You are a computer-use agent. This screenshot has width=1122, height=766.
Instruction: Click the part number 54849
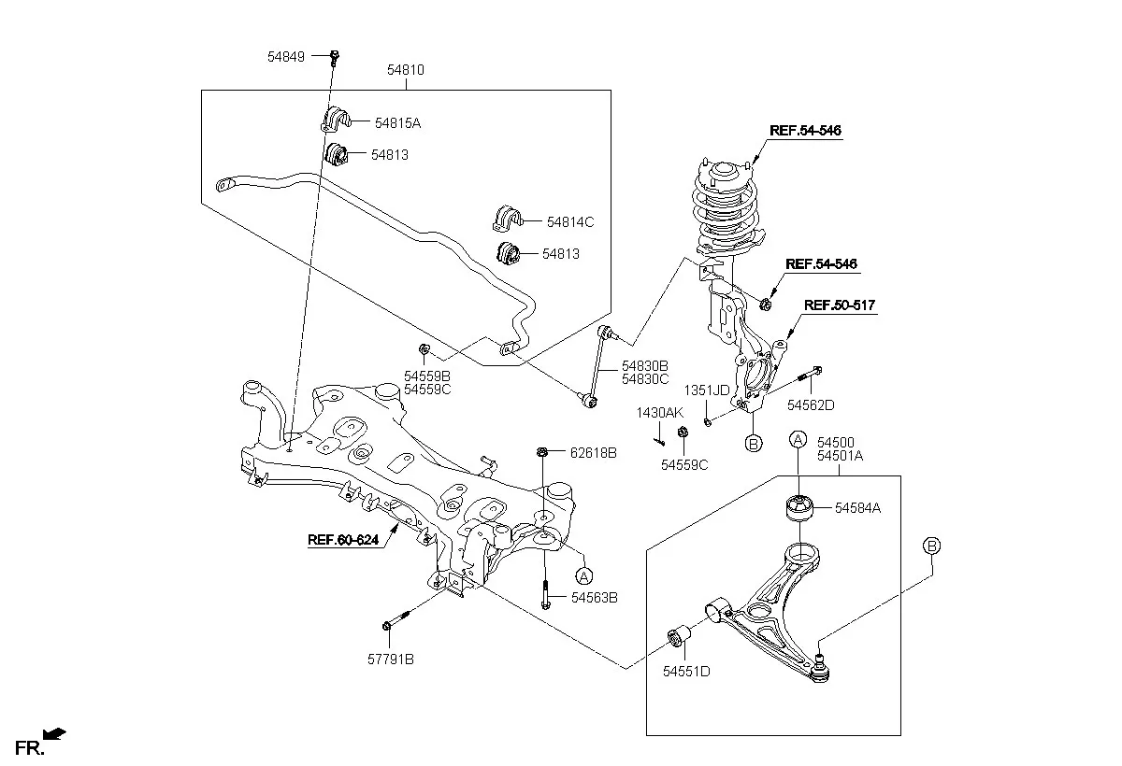point(285,57)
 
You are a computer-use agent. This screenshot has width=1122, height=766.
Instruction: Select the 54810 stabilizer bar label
point(405,69)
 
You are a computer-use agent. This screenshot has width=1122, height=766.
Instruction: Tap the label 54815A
point(397,123)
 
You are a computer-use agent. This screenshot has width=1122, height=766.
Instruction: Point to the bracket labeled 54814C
point(508,219)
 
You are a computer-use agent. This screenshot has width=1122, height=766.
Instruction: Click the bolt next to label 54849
point(335,57)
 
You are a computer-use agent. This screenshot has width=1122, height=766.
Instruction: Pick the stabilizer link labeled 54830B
point(597,367)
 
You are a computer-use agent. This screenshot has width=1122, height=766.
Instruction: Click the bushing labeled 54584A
point(798,508)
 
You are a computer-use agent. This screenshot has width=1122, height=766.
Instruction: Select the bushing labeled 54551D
point(680,635)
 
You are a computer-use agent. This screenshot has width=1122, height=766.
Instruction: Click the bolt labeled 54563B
point(545,594)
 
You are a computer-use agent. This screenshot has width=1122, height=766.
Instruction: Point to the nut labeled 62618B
point(541,452)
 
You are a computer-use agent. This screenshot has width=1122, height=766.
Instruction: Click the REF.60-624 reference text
point(343,540)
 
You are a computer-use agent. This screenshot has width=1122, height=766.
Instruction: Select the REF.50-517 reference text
point(840,305)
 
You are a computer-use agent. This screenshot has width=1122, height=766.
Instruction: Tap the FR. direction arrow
point(54,734)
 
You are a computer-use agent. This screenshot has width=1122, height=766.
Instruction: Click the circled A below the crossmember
point(583,577)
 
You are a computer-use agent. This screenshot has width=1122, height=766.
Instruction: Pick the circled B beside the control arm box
point(931,546)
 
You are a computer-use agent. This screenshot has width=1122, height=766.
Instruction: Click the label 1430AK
point(659,413)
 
